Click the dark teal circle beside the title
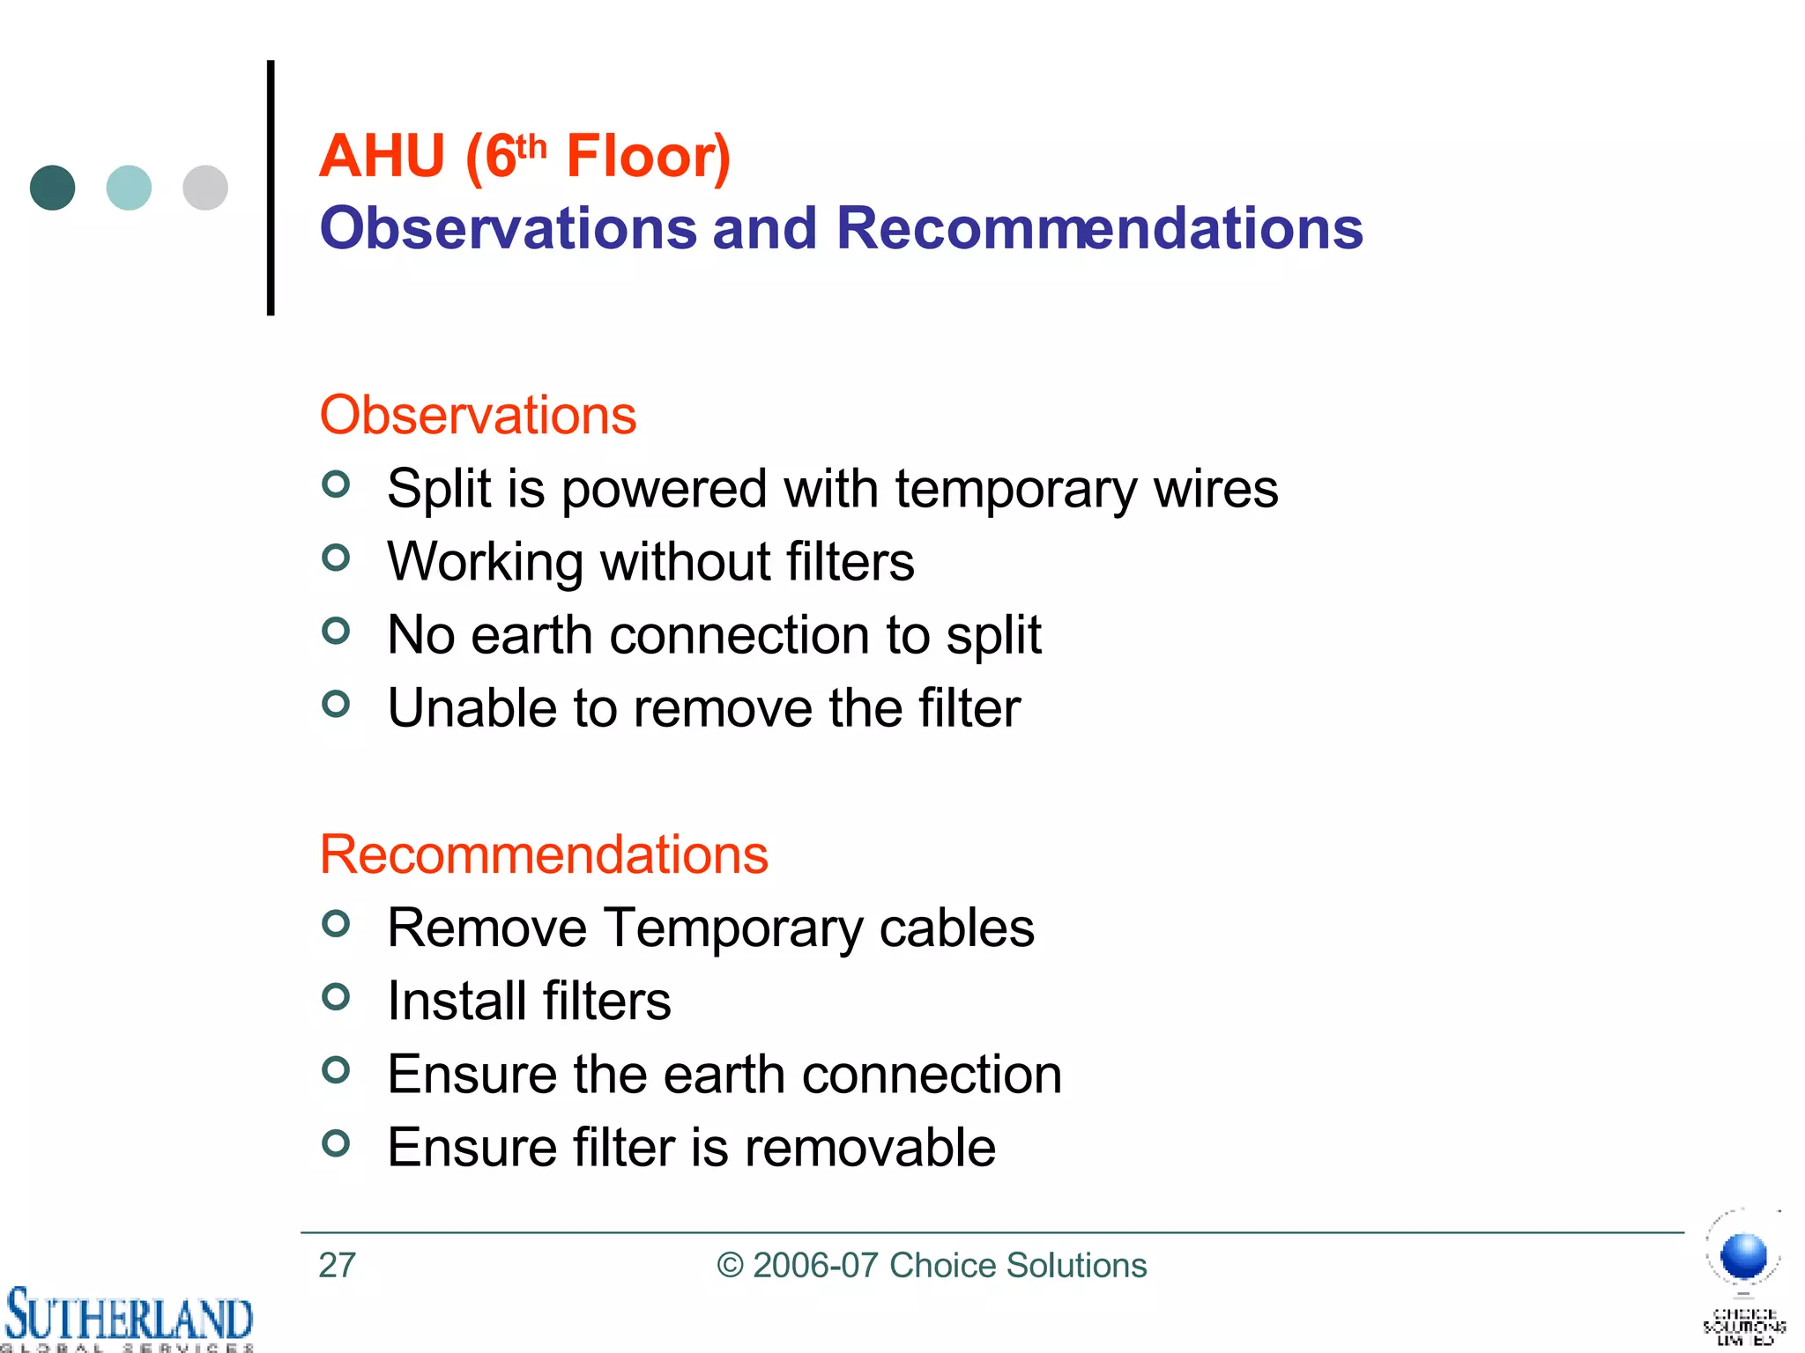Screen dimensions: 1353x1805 pos(52,188)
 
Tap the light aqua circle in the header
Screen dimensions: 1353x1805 pos(129,188)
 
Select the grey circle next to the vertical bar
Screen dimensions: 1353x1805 pos(205,188)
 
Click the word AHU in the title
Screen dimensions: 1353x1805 pos(382,157)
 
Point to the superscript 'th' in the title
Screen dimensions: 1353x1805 pos(531,145)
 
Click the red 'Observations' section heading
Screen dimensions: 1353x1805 pos(478,415)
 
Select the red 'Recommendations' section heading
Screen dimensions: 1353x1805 pos(544,854)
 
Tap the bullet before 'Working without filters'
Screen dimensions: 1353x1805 pos(336,558)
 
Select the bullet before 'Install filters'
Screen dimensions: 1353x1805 pos(336,997)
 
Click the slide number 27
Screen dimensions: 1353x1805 pos(337,1266)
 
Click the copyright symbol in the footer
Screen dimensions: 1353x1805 pos(730,1266)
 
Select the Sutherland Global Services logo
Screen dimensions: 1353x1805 pos(129,1319)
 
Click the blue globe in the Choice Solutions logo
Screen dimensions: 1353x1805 pos(1744,1255)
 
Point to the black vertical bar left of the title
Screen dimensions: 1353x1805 pos(271,188)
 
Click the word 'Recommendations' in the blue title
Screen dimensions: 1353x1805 pos(1099,228)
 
